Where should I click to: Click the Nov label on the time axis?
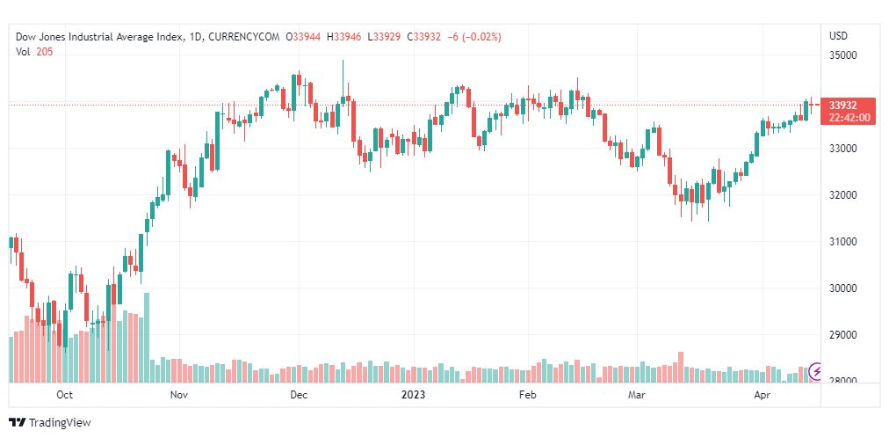point(179,396)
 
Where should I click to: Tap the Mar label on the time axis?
point(637,396)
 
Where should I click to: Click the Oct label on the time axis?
point(63,396)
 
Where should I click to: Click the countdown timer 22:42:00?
point(849,117)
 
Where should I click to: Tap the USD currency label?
point(838,36)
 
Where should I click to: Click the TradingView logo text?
point(60,423)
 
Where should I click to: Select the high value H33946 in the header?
point(343,36)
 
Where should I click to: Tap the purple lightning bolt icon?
point(816,372)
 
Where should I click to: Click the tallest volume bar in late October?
point(147,338)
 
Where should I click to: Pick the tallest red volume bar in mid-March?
point(680,367)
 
